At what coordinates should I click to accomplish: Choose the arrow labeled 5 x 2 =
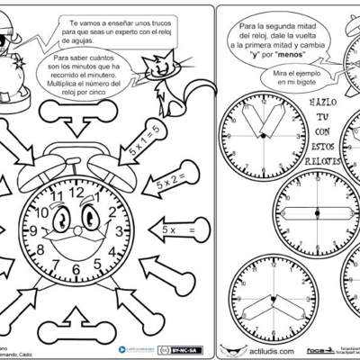click(x=168, y=184)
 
